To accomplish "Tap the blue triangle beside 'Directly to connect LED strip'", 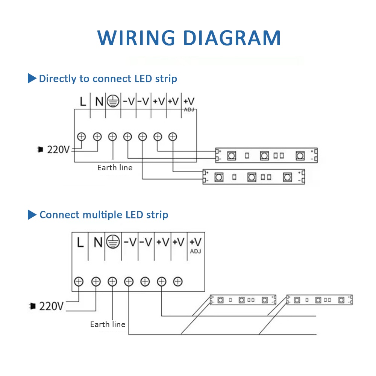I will tap(32, 79).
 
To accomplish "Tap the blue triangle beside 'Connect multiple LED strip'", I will tap(32, 215).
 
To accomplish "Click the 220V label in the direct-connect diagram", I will tap(58, 150).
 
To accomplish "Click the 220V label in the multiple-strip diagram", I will tap(52, 306).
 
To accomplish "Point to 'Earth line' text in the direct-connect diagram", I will tap(115, 168).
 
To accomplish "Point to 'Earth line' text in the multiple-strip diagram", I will tap(108, 324).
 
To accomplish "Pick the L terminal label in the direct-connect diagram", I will tap(83, 102).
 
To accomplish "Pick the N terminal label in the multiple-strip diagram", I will tap(98, 243).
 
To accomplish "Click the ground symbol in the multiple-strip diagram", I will tap(113, 242).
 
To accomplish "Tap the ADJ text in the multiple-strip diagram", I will tap(196, 251).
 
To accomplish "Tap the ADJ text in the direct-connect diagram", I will tap(189, 110).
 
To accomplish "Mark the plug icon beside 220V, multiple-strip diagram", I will tap(33, 306).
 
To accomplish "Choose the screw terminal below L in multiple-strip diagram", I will tap(79, 281).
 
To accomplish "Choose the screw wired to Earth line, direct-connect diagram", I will tap(112, 137).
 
